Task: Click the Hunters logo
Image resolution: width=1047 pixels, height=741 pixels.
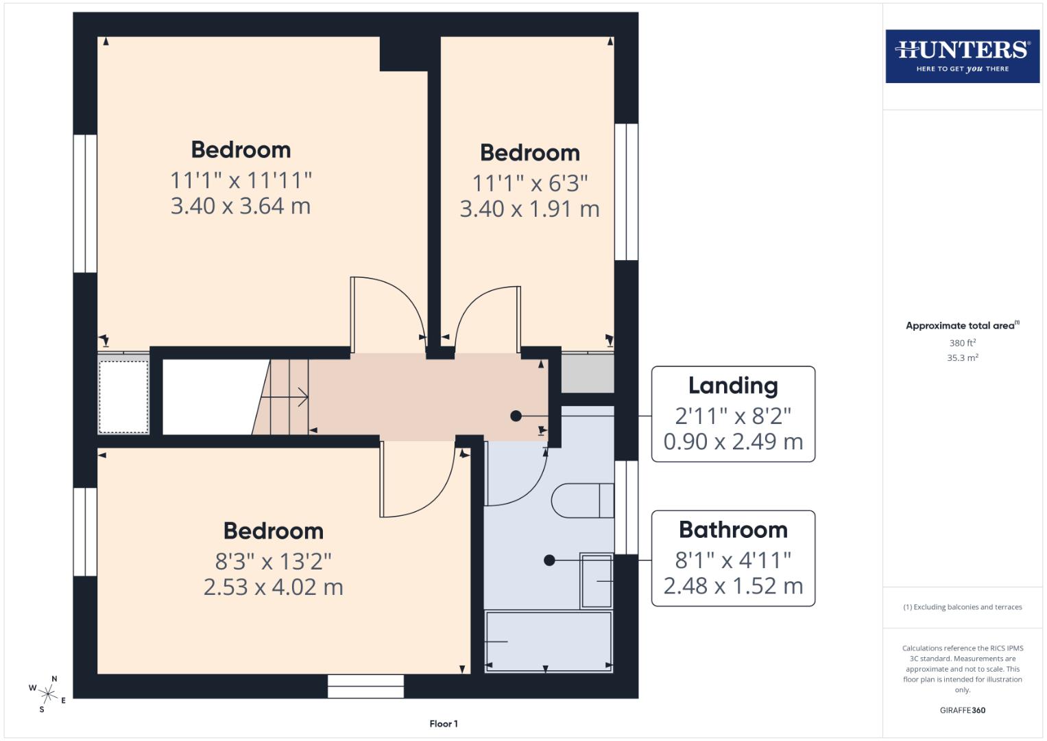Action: point(962,56)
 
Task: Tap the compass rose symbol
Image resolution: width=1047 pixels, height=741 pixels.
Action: point(48,693)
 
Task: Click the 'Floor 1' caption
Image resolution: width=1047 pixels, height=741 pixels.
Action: point(444,724)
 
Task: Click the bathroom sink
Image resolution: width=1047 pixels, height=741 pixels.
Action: point(596,580)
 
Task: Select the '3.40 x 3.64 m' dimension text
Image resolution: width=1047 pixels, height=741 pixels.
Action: point(241,206)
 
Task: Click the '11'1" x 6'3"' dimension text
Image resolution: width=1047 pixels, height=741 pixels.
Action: point(530,183)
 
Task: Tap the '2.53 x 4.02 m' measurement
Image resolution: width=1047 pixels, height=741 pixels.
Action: point(273,587)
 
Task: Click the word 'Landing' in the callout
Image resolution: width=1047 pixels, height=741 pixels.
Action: point(733,386)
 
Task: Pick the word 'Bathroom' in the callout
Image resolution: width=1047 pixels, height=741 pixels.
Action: point(733,530)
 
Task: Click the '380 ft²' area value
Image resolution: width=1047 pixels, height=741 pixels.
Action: point(962,343)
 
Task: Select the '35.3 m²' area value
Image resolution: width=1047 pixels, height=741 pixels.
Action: point(962,357)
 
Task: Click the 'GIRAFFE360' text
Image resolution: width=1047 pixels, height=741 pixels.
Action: point(962,710)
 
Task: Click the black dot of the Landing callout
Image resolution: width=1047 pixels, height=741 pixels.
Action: point(516,416)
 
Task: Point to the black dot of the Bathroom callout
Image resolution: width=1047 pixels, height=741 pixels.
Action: point(549,561)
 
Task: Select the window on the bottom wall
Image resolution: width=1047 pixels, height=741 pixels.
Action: point(365,686)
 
